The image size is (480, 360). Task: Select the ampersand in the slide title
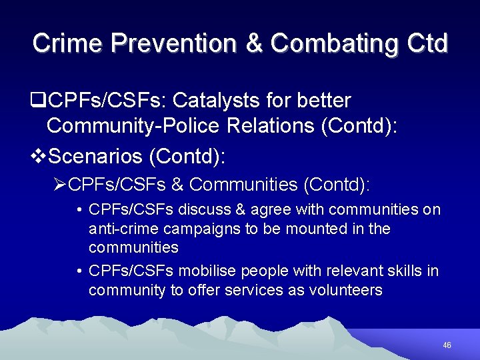(x=255, y=43)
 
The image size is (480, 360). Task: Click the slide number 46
(x=447, y=345)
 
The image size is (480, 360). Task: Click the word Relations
(x=273, y=125)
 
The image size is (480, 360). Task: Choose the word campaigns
(x=189, y=229)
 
